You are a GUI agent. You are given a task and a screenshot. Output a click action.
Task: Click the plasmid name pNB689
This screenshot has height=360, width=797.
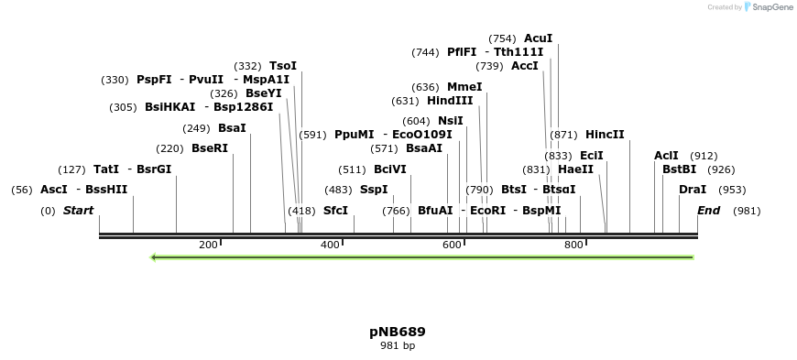(398, 332)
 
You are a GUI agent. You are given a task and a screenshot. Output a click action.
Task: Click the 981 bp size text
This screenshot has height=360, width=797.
(398, 346)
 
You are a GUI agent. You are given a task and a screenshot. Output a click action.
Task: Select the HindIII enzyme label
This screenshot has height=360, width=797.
(450, 101)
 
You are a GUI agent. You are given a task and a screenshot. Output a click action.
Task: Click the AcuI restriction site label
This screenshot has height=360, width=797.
(538, 38)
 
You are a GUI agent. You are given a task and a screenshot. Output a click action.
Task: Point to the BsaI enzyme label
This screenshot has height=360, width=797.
(232, 128)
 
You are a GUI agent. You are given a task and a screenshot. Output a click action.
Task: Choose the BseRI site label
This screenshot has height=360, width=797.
(209, 148)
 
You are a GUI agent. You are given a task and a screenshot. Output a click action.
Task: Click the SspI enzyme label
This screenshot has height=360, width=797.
(374, 190)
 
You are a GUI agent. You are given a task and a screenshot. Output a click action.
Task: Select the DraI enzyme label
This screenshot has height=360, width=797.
(693, 190)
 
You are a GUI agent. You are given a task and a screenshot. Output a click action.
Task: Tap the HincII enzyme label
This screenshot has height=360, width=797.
(605, 135)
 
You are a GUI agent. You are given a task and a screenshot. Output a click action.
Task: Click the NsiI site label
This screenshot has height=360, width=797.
(450, 121)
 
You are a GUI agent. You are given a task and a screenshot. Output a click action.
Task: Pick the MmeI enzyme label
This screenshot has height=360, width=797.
(464, 87)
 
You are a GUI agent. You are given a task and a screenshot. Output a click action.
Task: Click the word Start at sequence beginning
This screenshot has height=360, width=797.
(78, 211)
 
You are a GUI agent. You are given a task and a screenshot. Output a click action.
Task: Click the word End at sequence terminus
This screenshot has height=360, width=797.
(708, 211)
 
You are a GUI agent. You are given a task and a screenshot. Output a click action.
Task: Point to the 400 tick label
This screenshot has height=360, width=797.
(330, 245)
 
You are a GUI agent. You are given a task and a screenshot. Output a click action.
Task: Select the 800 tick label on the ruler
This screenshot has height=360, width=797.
(573, 245)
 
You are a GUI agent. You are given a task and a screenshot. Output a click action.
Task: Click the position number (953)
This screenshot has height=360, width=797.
(732, 190)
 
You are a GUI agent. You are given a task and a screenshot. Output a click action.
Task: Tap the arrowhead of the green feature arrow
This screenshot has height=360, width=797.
(154, 257)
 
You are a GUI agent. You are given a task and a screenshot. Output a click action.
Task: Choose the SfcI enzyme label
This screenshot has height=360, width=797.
(335, 211)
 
